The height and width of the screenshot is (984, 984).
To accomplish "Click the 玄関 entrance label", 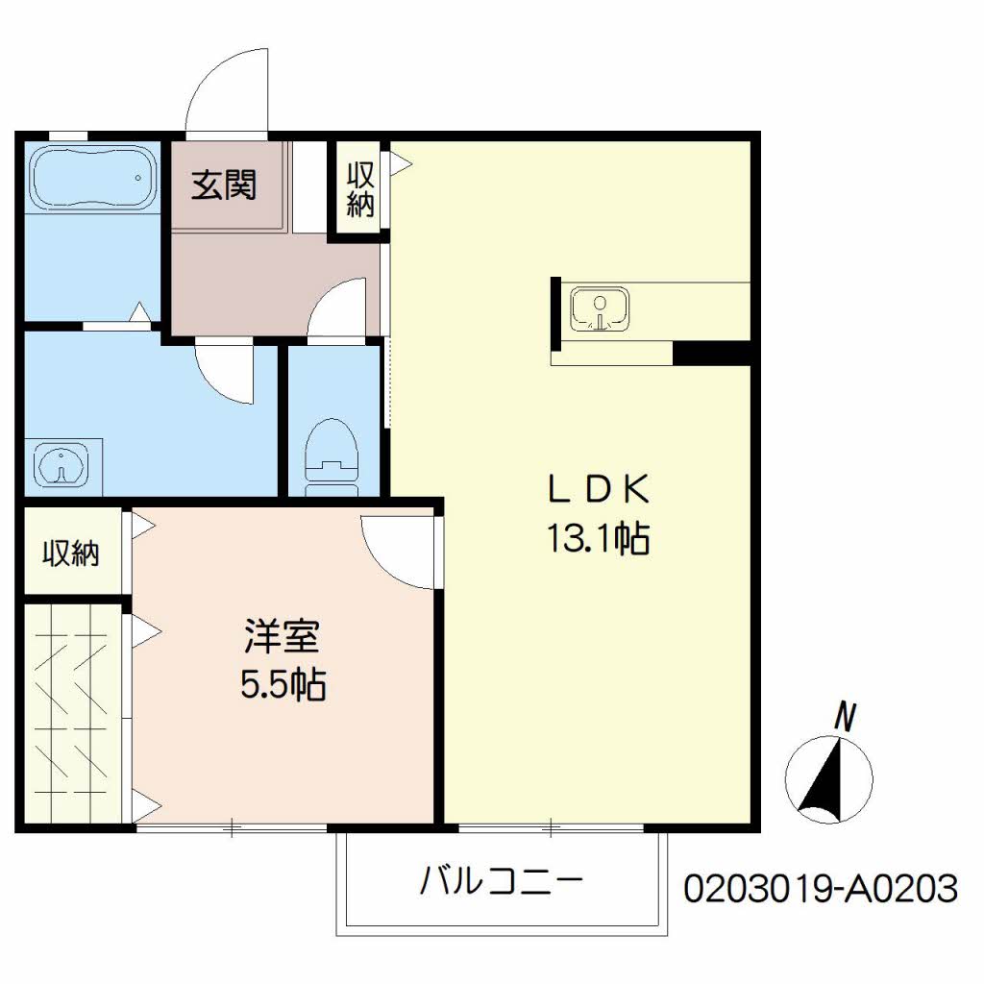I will [x=223, y=184].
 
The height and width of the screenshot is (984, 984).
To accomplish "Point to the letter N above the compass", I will [x=845, y=715].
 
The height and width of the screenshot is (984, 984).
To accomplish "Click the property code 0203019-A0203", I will [x=821, y=889].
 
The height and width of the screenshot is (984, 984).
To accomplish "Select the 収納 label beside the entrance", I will [x=360, y=189].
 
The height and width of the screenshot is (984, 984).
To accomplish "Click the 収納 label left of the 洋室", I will [x=70, y=553].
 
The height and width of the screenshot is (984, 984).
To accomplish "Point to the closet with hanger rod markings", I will [x=72, y=712].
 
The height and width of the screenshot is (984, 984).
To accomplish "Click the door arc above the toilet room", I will [x=339, y=307].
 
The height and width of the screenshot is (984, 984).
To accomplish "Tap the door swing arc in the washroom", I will [x=222, y=374].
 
